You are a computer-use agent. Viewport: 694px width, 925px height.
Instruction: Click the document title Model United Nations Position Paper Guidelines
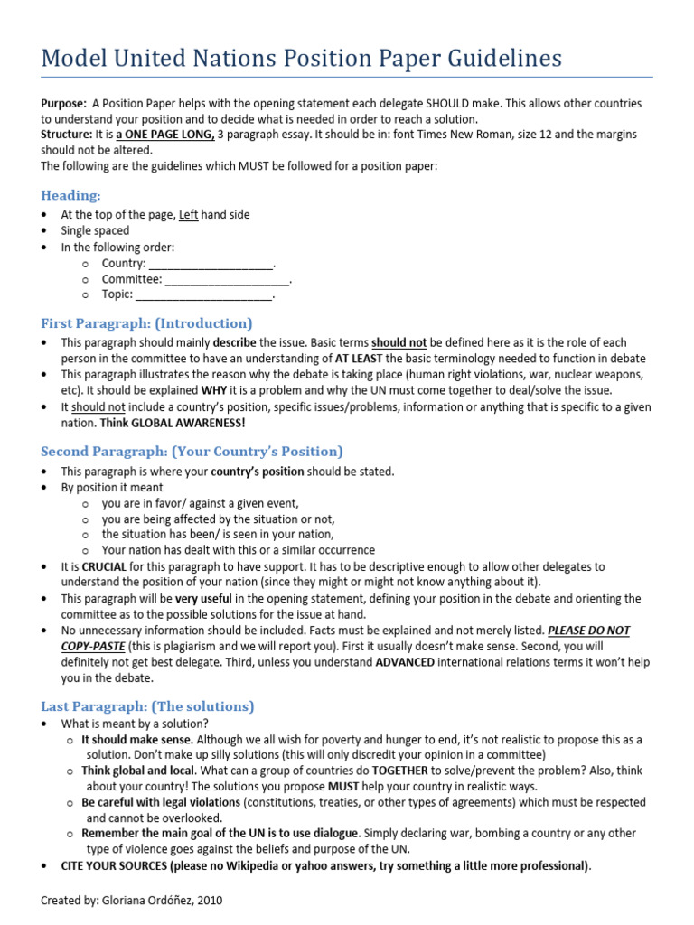(301, 59)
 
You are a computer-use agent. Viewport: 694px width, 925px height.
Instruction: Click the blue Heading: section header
(70, 195)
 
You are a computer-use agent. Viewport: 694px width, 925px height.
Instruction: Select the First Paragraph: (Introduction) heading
(146, 323)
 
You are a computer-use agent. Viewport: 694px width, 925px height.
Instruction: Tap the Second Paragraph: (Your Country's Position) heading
(192, 451)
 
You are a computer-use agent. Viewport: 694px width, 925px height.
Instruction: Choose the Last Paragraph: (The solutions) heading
(147, 705)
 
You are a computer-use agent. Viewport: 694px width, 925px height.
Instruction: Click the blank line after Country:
(210, 264)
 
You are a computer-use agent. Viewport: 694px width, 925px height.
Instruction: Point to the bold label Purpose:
(63, 104)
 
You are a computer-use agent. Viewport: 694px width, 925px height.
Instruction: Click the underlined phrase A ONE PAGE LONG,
(164, 135)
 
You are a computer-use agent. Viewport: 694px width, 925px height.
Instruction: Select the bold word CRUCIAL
(102, 566)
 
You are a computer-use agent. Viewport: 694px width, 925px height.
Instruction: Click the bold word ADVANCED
(405, 662)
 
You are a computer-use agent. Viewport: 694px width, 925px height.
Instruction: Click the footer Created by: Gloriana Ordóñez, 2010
(131, 901)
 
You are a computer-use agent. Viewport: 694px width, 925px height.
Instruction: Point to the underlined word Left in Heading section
(188, 215)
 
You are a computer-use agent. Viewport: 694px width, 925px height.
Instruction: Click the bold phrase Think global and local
(137, 771)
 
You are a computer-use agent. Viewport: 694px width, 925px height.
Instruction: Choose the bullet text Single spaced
(95, 230)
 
